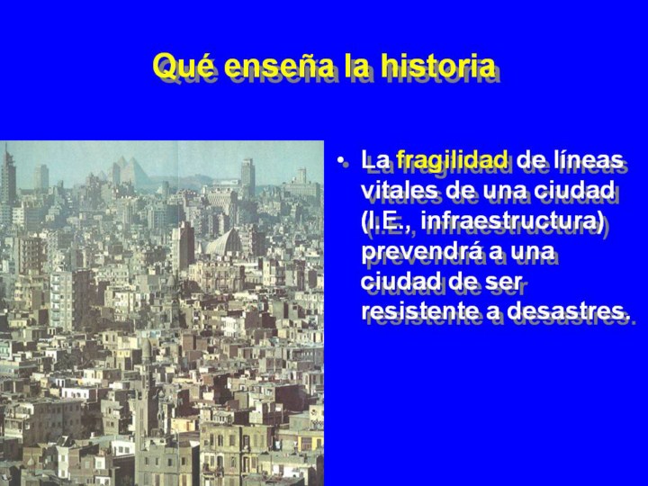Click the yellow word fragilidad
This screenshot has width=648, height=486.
[452, 161]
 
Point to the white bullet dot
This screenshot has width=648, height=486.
[340, 161]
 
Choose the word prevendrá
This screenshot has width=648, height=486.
[421, 251]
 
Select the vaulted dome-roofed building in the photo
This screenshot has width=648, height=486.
[224, 242]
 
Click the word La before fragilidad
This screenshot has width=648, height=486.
[374, 159]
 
